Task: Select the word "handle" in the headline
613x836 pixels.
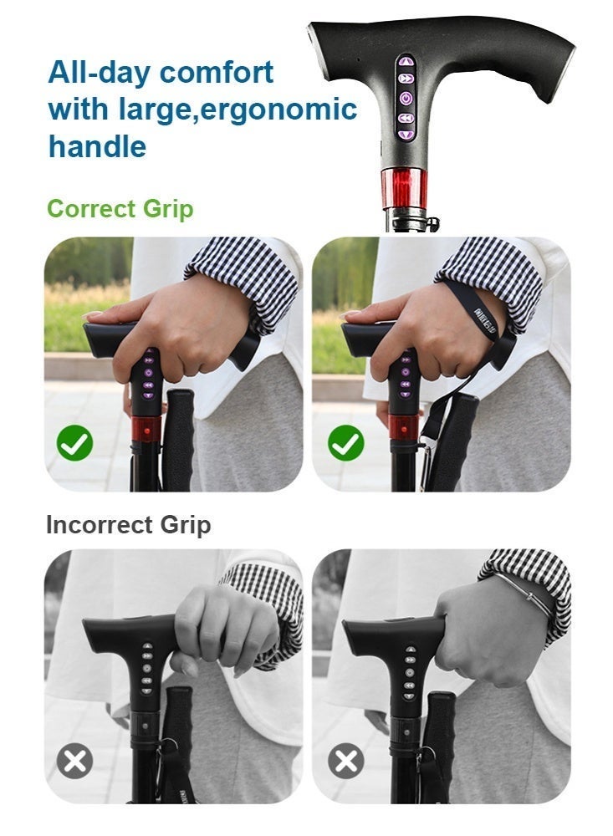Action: click(97, 145)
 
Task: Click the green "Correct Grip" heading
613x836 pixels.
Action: click(120, 208)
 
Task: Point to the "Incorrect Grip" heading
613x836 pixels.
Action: click(129, 525)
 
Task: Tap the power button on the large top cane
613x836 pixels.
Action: click(406, 99)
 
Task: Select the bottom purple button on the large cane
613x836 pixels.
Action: click(406, 135)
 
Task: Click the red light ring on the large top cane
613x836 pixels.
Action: click(404, 188)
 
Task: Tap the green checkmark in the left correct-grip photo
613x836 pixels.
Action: click(74, 442)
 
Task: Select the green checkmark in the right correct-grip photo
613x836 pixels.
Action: click(345, 442)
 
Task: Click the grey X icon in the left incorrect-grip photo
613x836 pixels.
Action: click(74, 761)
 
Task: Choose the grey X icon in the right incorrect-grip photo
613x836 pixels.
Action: click(345, 761)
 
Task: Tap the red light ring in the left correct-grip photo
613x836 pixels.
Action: click(146, 429)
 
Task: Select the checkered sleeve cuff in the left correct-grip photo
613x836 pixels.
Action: click(243, 283)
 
